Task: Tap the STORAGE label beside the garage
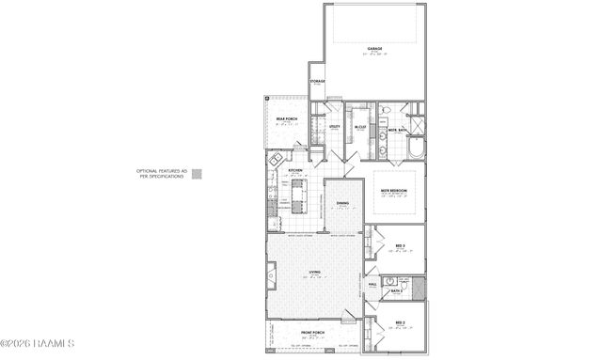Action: (x=318, y=82)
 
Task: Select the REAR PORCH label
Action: (x=281, y=117)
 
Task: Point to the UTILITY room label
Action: (x=334, y=125)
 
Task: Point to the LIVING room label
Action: (x=314, y=274)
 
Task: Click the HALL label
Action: (x=373, y=282)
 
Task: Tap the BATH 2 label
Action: (x=397, y=291)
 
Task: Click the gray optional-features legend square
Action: (x=196, y=173)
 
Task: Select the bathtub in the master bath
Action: (x=417, y=151)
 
